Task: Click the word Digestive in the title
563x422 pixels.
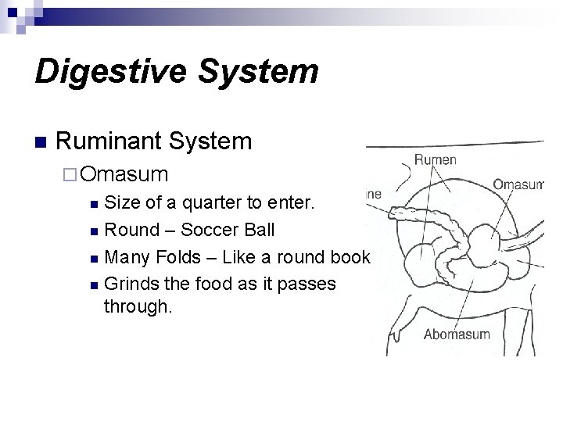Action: (105, 71)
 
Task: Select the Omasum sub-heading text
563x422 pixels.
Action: (124, 173)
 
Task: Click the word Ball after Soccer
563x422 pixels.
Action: (259, 231)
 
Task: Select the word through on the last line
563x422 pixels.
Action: (138, 307)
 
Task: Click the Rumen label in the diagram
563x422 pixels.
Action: (436, 160)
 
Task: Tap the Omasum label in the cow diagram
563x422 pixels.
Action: (518, 184)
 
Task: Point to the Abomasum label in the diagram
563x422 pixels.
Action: (457, 334)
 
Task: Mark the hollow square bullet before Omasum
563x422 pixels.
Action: (71, 173)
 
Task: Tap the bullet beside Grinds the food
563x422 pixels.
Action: (95, 284)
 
